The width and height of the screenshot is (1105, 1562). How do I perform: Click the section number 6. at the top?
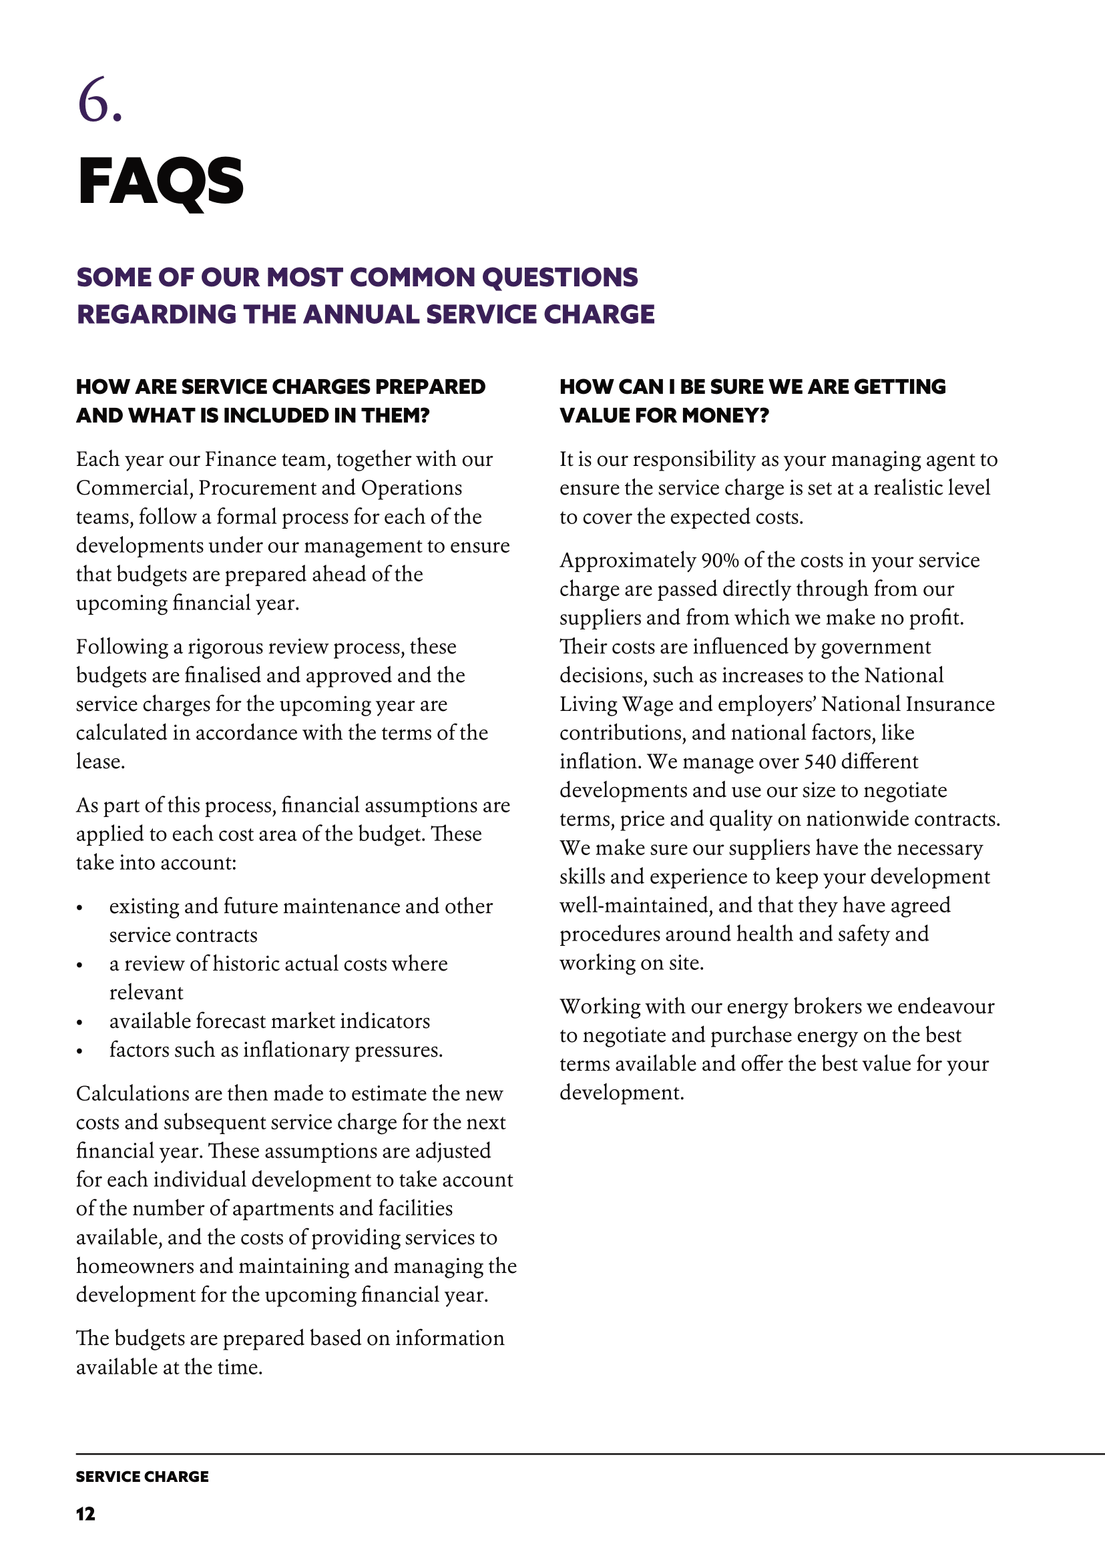coord(99,101)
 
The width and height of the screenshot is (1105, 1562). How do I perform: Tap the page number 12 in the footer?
coord(85,1514)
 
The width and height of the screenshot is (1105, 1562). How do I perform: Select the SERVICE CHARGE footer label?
coord(142,1477)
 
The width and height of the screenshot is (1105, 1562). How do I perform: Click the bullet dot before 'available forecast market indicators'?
coord(79,1023)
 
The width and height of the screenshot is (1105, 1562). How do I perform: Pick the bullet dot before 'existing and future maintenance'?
coord(79,908)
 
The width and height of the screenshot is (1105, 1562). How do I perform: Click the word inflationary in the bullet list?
coord(296,1051)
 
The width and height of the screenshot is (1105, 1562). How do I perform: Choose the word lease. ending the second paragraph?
coord(100,761)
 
